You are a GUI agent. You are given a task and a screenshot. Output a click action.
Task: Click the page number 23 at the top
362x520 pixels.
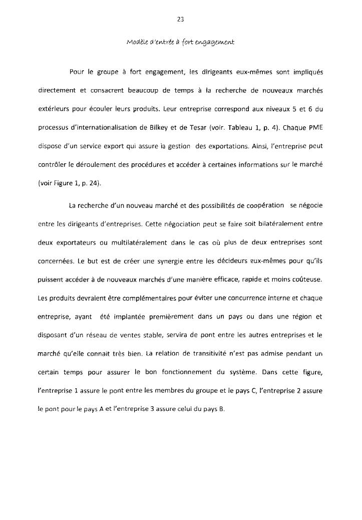point(180,20)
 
